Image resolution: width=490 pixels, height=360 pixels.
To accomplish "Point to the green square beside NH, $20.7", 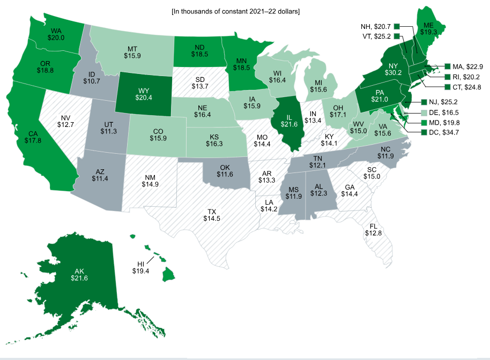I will (397, 26).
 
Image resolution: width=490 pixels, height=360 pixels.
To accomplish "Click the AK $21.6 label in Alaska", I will (79, 274).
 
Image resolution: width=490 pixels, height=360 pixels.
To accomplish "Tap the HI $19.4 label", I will (141, 267).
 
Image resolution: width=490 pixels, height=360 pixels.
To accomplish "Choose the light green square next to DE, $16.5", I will (425, 111).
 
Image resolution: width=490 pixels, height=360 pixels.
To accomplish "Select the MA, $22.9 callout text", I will (467, 66).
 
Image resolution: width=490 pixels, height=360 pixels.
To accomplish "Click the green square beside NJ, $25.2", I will (425, 101).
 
